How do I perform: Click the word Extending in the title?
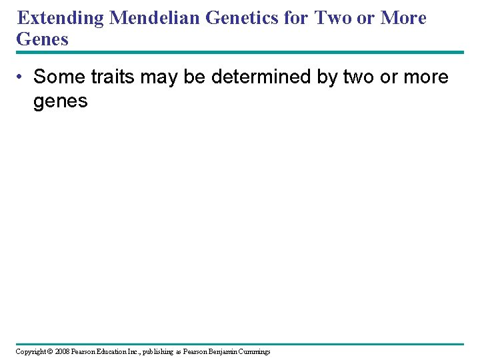tap(61, 18)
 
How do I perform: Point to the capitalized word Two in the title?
tap(333, 18)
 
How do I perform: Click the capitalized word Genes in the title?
tap(42, 39)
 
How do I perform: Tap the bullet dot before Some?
tap(22, 77)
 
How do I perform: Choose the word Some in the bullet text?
tap(59, 77)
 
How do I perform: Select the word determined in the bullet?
tap(262, 77)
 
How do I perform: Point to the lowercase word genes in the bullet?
tap(61, 101)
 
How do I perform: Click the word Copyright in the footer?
tap(31, 351)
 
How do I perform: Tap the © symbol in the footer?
tap(51, 351)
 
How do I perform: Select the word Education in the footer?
tap(114, 351)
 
